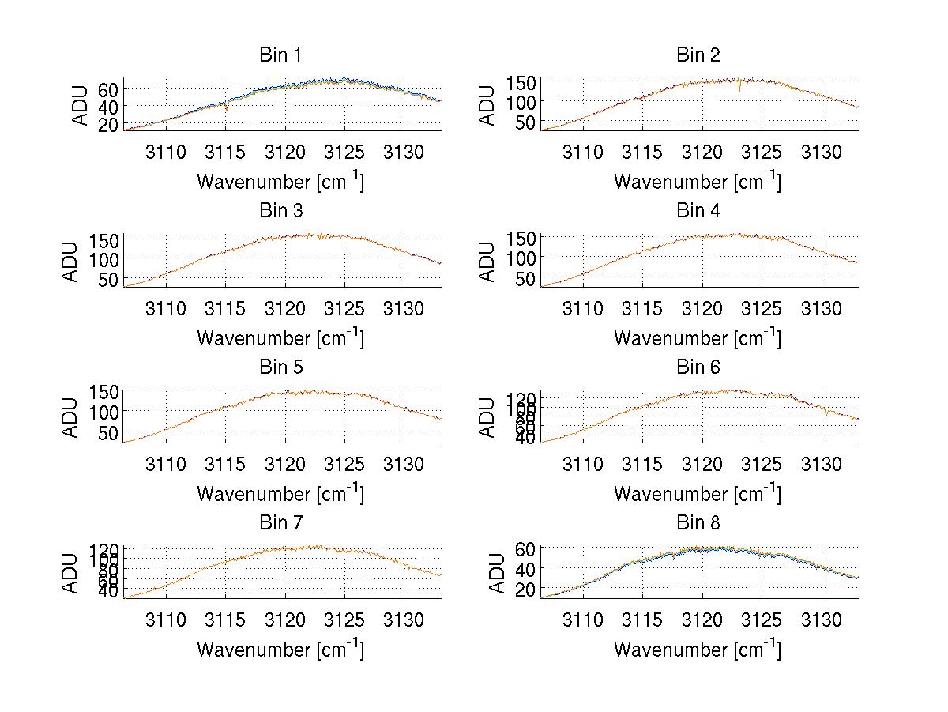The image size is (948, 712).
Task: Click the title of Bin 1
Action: pyautogui.click(x=280, y=55)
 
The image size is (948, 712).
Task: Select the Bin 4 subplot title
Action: pyautogui.click(x=698, y=211)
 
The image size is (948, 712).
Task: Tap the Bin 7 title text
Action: pyautogui.click(x=280, y=523)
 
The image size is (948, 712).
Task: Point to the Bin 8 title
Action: pyautogui.click(x=698, y=523)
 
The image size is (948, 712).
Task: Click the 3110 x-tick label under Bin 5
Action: pyautogui.click(x=166, y=464)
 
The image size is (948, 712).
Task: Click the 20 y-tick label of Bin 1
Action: pyautogui.click(x=108, y=125)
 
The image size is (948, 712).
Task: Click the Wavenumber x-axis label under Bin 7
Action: pyautogui.click(x=280, y=650)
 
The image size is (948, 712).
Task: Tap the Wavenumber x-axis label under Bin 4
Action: pyautogui.click(x=698, y=337)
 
